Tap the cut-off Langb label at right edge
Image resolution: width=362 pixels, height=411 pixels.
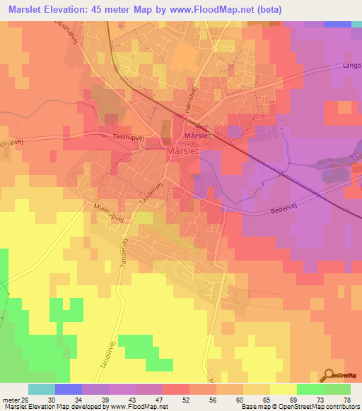(x=351, y=66)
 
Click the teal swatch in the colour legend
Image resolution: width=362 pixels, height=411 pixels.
(x=41, y=389)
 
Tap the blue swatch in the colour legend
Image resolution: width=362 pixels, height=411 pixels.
(x=68, y=389)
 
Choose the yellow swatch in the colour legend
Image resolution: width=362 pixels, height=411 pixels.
(x=283, y=389)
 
